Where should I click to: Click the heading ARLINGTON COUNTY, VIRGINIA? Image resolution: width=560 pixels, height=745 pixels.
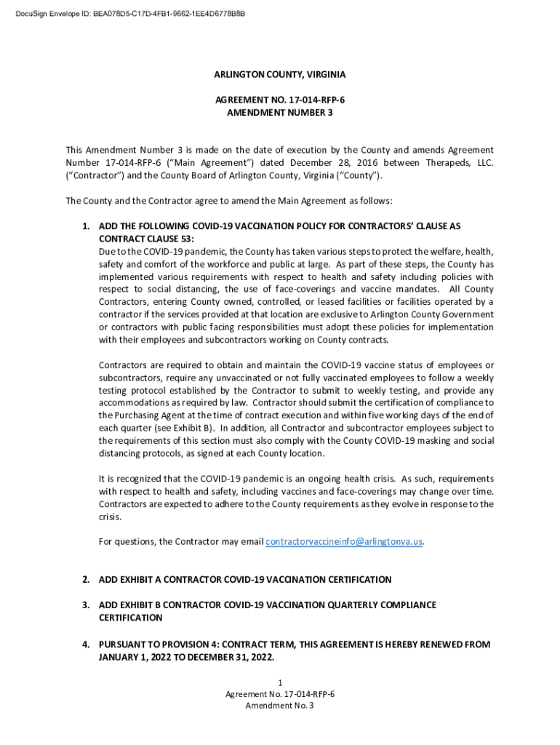click(x=280, y=75)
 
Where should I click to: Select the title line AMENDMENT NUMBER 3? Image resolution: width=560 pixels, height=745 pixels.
click(x=280, y=113)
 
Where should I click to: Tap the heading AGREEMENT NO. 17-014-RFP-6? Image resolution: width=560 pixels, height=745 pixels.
click(x=280, y=100)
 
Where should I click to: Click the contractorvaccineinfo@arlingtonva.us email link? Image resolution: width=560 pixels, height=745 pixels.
click(x=345, y=541)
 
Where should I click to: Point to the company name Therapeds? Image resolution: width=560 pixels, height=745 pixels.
click(x=445, y=163)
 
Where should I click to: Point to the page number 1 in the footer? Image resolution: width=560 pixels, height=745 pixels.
click(x=280, y=682)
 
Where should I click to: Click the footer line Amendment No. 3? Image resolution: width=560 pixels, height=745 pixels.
click(x=280, y=706)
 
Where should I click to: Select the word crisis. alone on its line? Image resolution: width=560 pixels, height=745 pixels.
click(x=110, y=517)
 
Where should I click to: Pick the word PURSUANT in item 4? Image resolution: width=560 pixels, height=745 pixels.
click(x=124, y=645)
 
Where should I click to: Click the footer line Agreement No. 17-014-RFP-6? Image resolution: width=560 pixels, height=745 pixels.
click(x=280, y=694)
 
